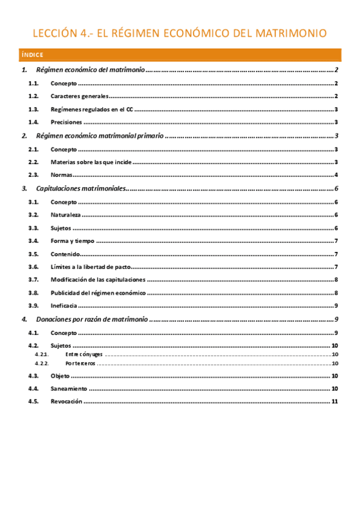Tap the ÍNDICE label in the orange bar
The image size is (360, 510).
coord(31,55)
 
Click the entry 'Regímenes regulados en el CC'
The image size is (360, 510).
coord(92,109)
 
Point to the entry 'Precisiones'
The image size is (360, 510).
coord(67,122)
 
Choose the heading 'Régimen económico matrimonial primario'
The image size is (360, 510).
coord(99,137)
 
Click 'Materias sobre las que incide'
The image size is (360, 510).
coord(91,162)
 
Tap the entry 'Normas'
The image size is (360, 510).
coord(61,175)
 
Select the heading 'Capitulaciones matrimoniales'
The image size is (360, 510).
coord(81,189)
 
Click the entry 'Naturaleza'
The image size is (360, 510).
coord(66,215)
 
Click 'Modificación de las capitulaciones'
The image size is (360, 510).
coord(98,280)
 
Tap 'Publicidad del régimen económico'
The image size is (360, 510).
coord(98,293)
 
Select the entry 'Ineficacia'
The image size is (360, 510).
coord(64,306)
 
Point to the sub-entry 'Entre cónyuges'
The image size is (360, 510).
coord(84,355)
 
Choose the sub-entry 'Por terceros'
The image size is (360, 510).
coord(81,363)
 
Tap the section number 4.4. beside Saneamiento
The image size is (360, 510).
coord(34,389)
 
